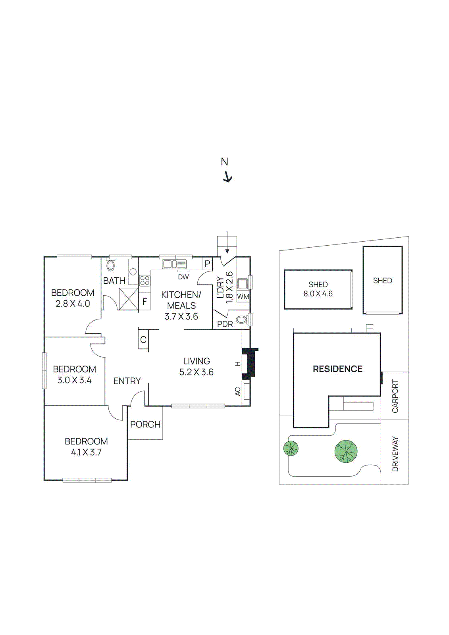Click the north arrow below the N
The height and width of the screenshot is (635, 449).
pos(227,177)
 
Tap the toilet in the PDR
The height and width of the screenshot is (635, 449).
pos(242,319)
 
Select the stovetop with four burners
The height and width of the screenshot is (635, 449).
pos(145,281)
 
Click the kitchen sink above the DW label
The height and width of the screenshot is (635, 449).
pos(174,264)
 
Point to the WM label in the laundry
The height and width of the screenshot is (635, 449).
pos(243,296)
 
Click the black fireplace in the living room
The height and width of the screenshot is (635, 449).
pos(250,363)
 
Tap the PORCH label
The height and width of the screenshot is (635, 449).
pos(145,424)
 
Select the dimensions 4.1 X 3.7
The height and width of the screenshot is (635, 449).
pos(86,452)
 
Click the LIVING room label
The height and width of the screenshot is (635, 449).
pos(197,361)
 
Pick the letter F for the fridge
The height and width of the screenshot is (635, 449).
pos(145,302)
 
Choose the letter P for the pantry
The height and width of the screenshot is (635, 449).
pos(207,264)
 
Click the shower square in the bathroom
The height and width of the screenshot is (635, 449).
pos(129,298)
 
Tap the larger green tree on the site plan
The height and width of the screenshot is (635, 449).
pos(346,452)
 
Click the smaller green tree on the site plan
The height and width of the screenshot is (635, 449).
pos(291,448)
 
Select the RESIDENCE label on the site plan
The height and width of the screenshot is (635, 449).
pos(337,369)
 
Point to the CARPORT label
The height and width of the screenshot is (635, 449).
pos(395,396)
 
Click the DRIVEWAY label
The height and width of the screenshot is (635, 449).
pos(395,454)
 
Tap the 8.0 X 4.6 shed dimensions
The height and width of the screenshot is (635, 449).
pos(318,294)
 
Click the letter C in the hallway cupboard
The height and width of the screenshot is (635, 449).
pos(143,340)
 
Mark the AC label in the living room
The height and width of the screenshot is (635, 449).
pos(238,391)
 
